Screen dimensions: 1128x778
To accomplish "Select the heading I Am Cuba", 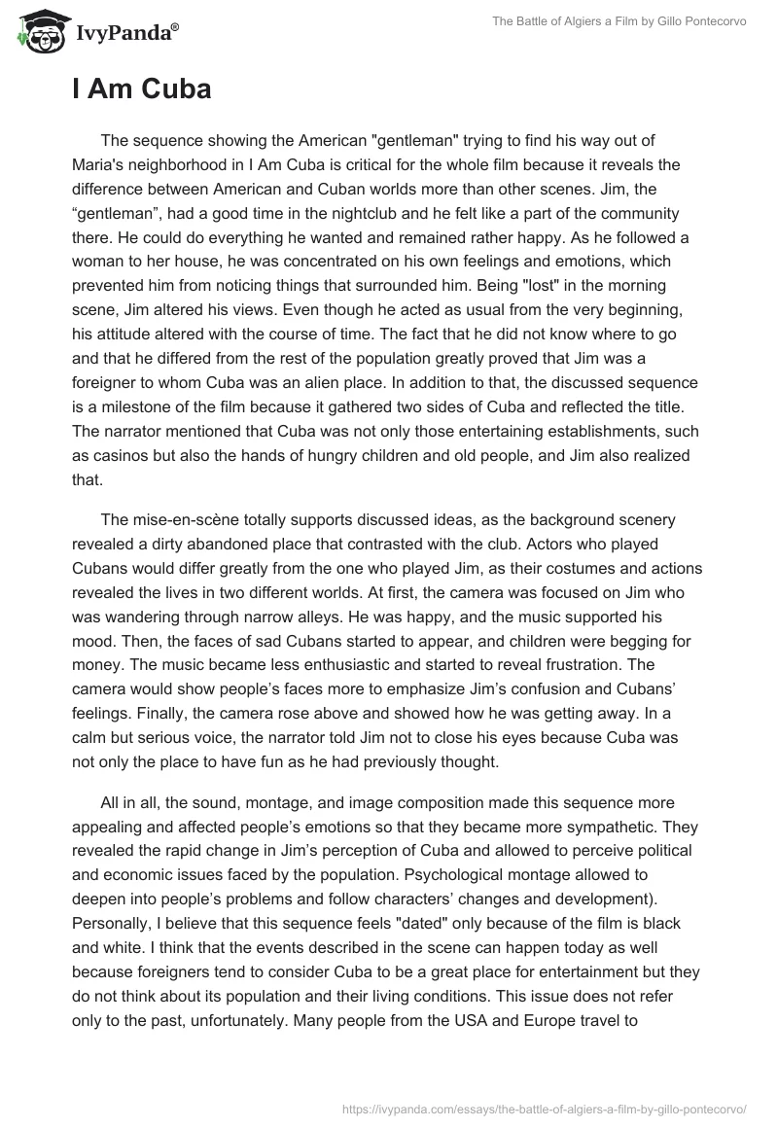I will pos(141,89).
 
